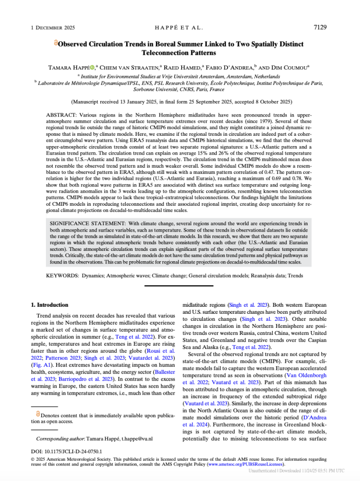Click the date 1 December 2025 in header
pos(51,28)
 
